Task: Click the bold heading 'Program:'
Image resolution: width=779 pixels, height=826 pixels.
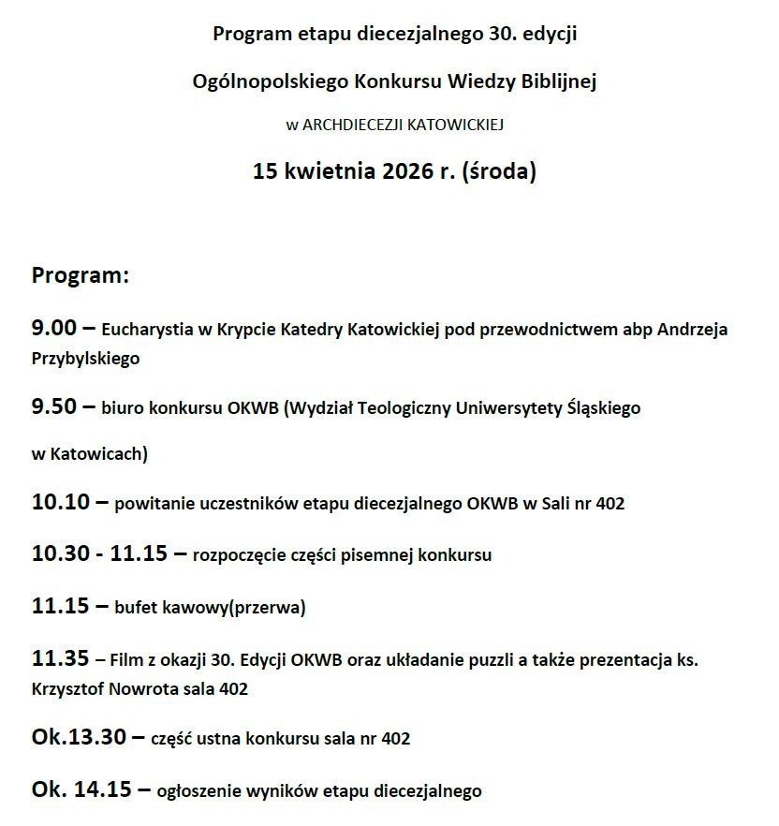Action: coord(80,276)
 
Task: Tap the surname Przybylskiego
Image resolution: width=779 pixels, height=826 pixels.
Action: coord(85,358)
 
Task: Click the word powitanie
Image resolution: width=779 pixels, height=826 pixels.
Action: coord(153,504)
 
